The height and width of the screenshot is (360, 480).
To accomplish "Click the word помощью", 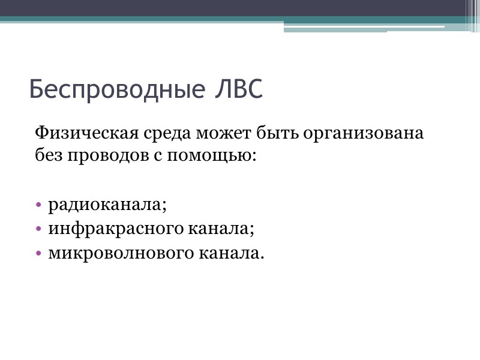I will (x=211, y=156).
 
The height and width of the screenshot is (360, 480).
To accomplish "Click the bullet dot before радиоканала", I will (x=39, y=205).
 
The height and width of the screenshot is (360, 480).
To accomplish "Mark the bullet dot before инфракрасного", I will (x=39, y=229).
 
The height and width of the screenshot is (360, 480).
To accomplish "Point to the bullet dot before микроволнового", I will (x=39, y=253).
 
